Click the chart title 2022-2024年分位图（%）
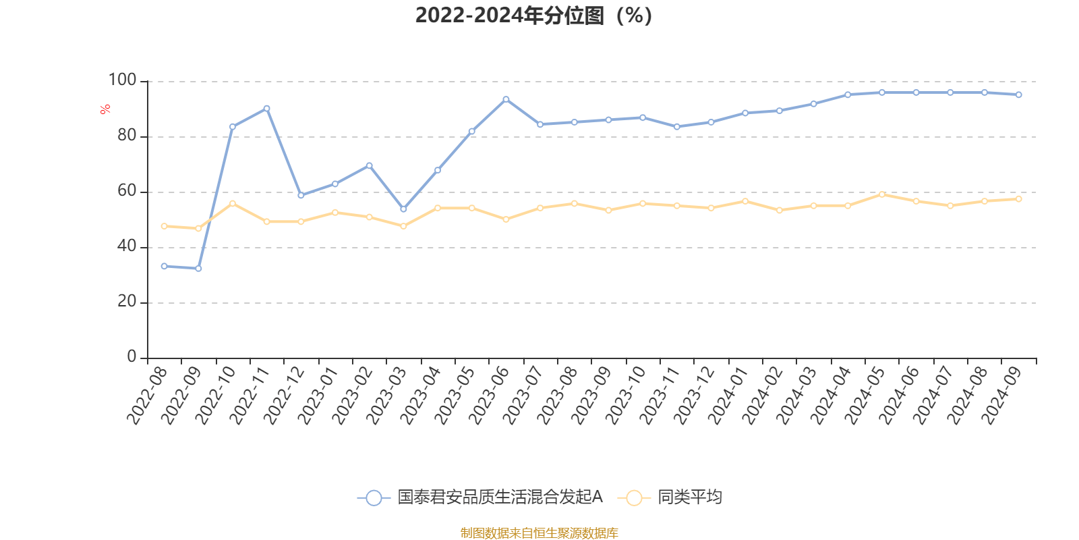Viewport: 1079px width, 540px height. pos(533,16)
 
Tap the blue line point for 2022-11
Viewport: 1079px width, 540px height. pos(267,108)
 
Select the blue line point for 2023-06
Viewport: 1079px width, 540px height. pos(506,99)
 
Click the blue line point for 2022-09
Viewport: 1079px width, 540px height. pos(198,269)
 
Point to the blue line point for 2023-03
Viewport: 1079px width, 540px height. pos(403,209)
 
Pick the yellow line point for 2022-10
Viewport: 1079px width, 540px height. pos(233,203)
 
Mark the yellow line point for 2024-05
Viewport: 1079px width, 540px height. pos(882,194)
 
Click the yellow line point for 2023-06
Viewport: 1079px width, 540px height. pos(506,219)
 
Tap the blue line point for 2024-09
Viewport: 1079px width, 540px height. pos(1018,95)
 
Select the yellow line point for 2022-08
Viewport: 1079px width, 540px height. pos(164,226)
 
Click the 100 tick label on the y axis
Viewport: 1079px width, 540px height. pos(122,80)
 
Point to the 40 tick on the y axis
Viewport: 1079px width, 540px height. pos(127,246)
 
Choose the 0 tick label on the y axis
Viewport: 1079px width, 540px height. pos(132,356)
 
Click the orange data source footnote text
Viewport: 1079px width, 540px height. pos(539,533)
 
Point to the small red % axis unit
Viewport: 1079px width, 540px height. pos(105,109)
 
